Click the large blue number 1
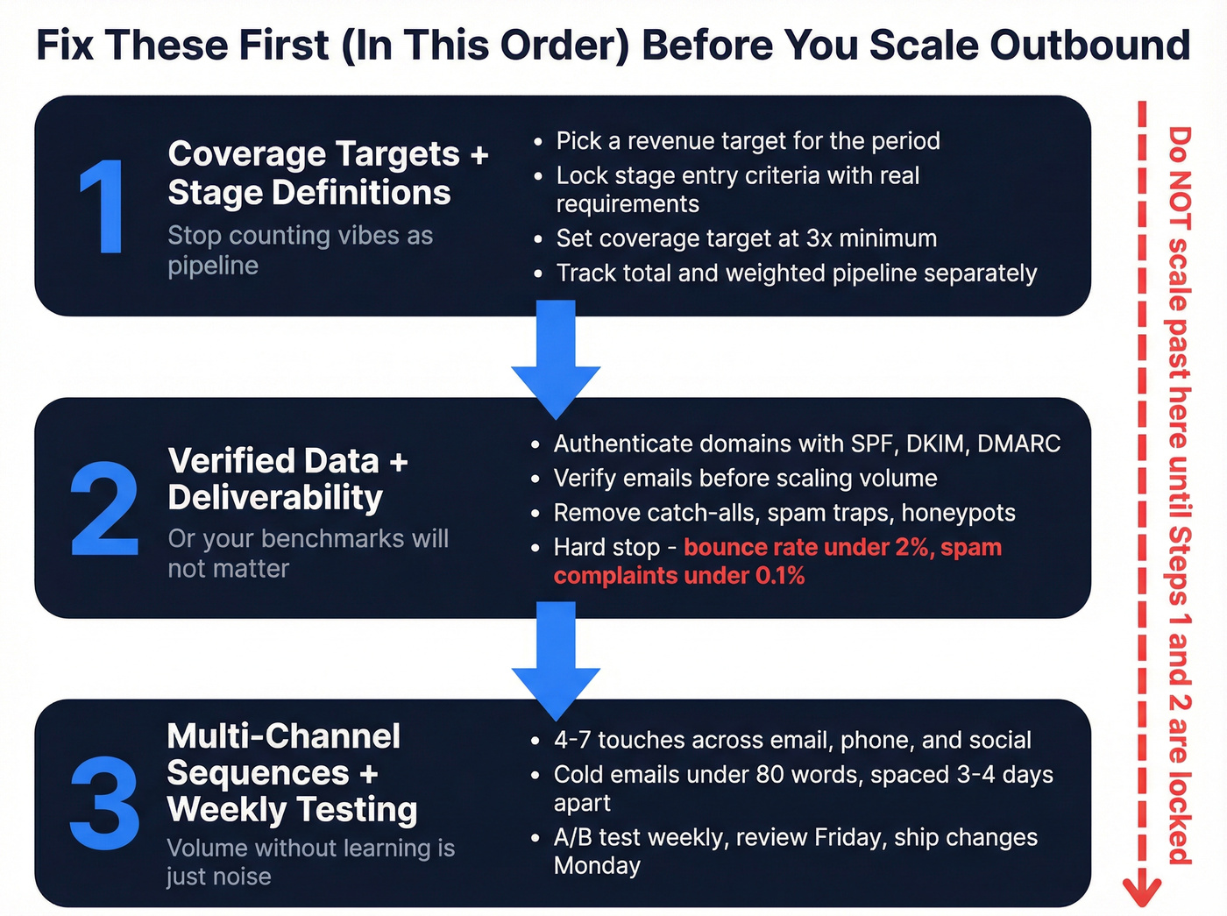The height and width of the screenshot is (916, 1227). pyautogui.click(x=103, y=208)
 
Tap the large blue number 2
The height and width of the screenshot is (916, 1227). pyautogui.click(x=104, y=510)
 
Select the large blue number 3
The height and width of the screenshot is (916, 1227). pyautogui.click(x=104, y=804)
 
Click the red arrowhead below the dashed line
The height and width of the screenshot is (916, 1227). pyautogui.click(x=1142, y=891)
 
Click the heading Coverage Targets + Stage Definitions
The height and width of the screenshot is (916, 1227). pyautogui.click(x=327, y=174)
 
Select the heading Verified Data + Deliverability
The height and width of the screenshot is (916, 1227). pyautogui.click(x=287, y=479)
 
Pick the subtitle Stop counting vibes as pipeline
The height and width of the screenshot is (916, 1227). pyautogui.click(x=300, y=251)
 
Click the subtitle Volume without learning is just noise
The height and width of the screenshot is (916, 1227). pyautogui.click(x=310, y=862)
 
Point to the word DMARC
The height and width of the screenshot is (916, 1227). pyautogui.click(x=1018, y=444)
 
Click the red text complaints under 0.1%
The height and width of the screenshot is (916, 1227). pyautogui.click(x=679, y=576)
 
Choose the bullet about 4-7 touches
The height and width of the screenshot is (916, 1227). pyautogui.click(x=791, y=741)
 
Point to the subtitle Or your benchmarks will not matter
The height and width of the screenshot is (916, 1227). pyautogui.click(x=308, y=553)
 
